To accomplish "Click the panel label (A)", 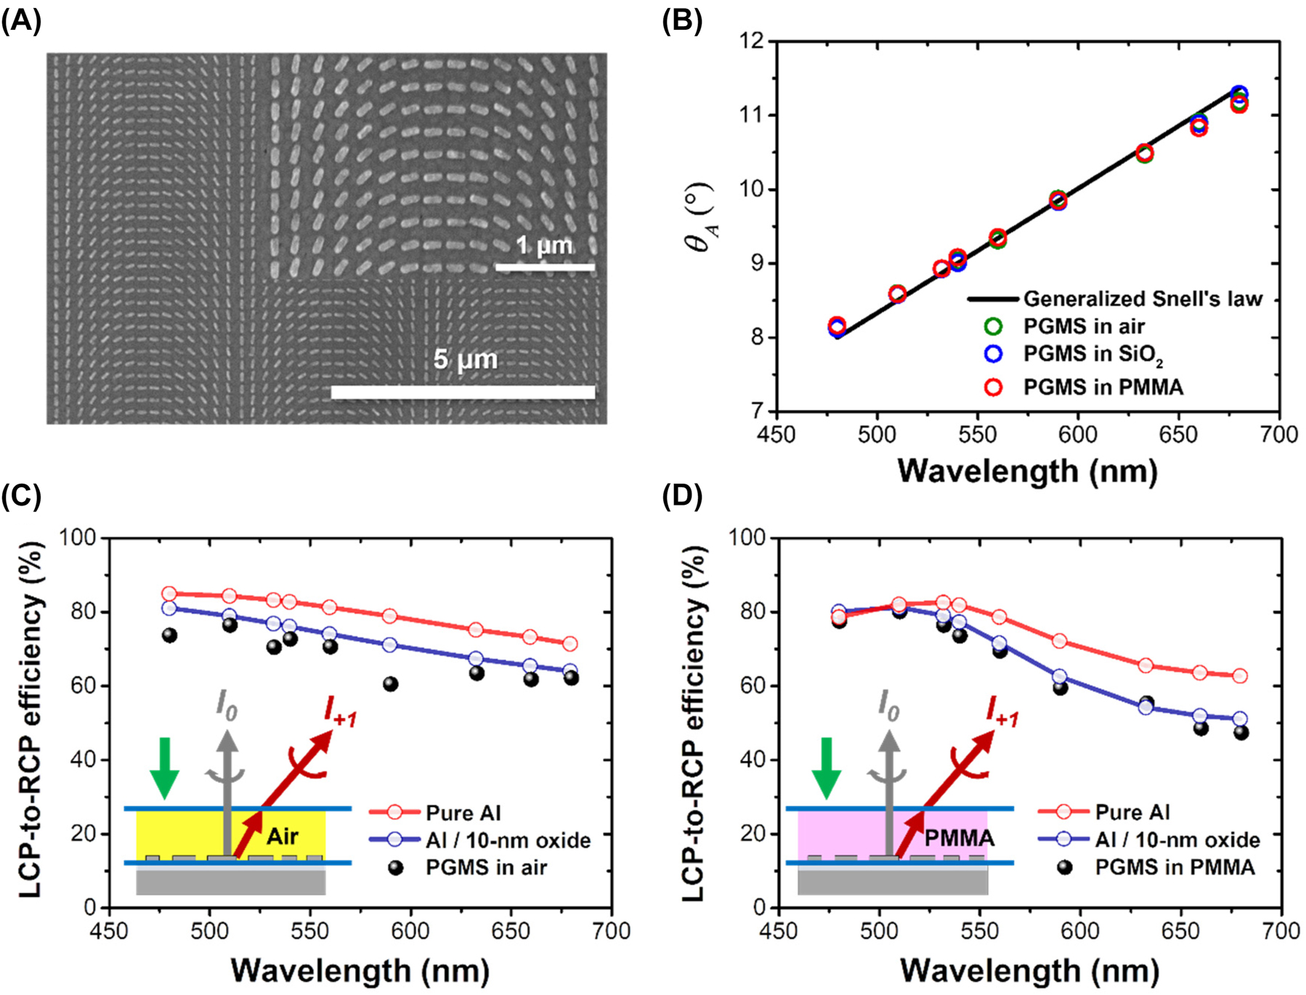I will point(21,21).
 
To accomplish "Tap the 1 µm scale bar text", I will point(544,245).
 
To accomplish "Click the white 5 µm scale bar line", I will point(463,392).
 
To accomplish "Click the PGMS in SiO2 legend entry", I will point(1092,354).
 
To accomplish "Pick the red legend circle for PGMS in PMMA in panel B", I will point(993,387).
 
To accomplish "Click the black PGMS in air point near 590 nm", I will point(391,683).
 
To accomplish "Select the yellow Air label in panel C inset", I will point(282,837).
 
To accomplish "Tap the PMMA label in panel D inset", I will point(959,838).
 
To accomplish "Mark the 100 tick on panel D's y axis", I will point(747,537).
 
